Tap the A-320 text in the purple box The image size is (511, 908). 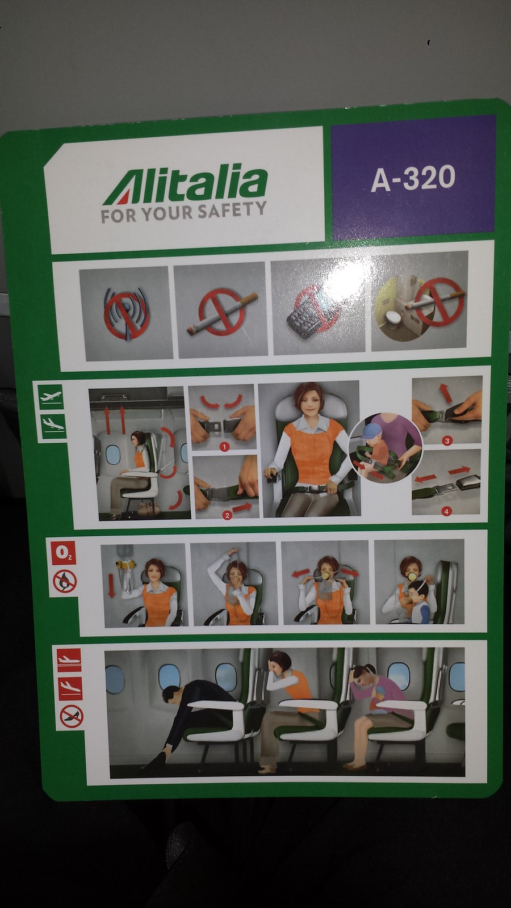coord(413,178)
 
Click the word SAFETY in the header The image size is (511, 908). coord(232,210)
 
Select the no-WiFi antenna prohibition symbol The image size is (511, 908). coord(127,312)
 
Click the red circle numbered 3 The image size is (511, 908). coord(447,440)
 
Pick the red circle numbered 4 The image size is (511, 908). coord(446,511)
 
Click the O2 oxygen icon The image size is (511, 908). coord(63,553)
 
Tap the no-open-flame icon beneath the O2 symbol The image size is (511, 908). coord(65,581)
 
